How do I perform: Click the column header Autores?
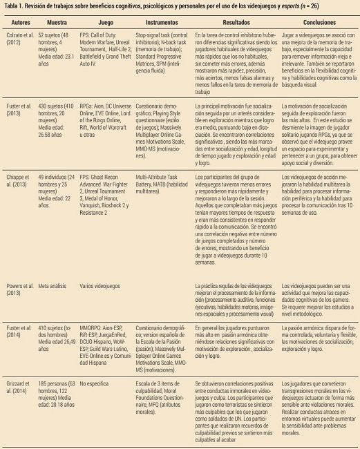tap(19, 21)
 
